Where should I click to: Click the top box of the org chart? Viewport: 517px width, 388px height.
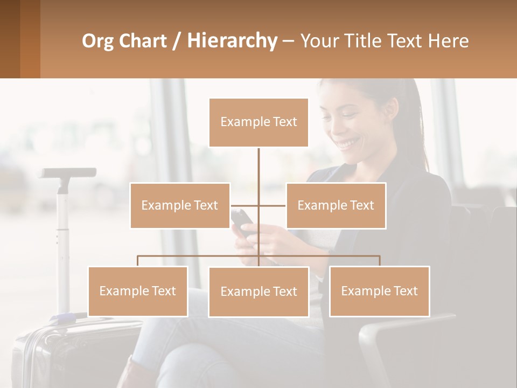point(258,122)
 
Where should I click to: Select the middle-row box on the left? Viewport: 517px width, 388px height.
point(180,205)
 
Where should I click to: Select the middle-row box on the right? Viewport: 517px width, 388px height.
point(336,205)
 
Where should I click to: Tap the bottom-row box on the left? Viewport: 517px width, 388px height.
point(138,291)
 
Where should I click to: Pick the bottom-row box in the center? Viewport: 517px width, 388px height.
point(258,292)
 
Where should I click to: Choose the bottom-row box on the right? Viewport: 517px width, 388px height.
point(379,291)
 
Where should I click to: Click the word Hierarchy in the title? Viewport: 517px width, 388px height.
point(232,40)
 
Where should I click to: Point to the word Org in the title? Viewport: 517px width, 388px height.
point(97,40)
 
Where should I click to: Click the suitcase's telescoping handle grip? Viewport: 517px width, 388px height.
point(67,173)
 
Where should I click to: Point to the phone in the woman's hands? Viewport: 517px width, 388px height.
point(242,219)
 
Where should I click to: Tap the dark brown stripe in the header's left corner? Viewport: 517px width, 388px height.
point(10,39)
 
